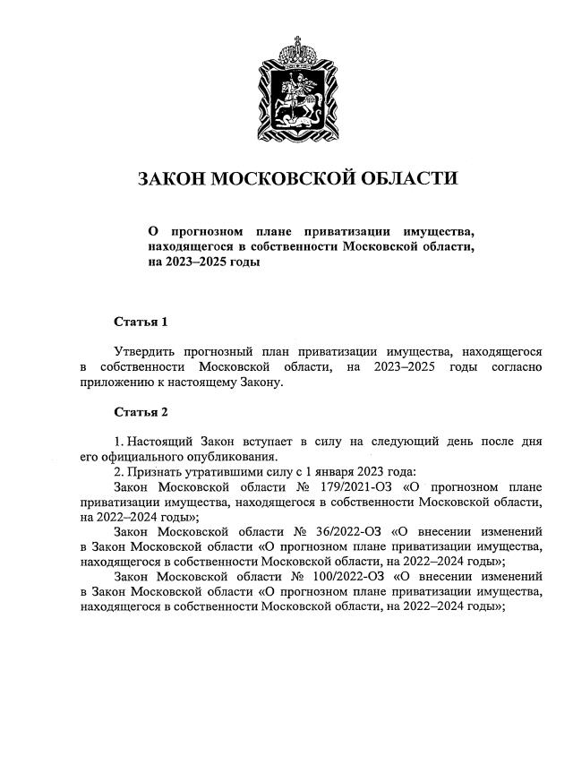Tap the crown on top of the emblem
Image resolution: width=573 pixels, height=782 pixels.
[299, 45]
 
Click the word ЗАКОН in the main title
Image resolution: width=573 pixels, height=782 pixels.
[171, 178]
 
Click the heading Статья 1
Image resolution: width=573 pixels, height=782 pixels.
[141, 321]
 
